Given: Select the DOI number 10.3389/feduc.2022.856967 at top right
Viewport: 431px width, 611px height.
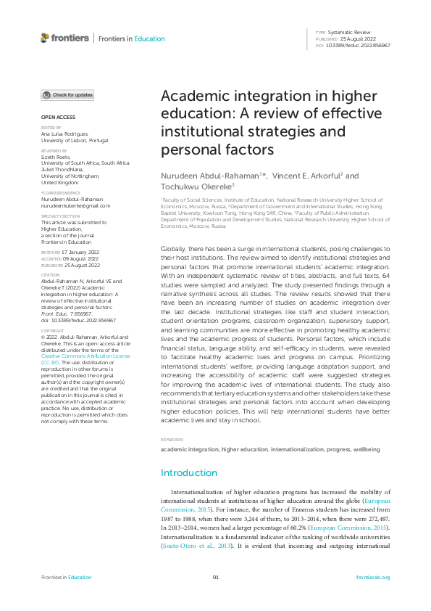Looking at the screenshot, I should coord(363,46).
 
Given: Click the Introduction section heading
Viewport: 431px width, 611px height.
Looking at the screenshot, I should coord(188,473).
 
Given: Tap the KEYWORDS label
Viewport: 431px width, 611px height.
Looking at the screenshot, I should coord(172,440).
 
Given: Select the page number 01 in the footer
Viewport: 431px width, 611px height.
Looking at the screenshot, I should coord(215,578).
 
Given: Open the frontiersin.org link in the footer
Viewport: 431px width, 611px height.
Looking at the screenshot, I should coord(374,578).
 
